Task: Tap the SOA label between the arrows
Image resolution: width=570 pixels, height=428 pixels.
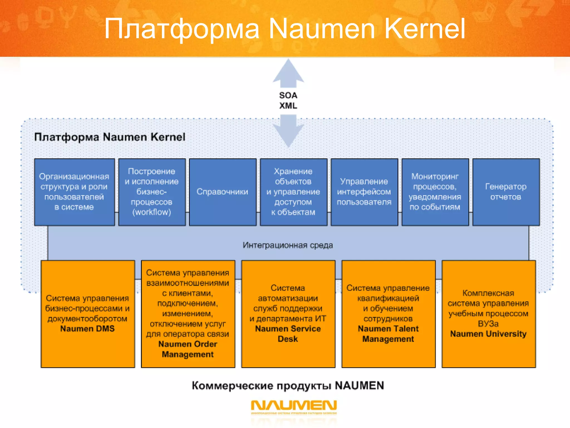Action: (x=288, y=95)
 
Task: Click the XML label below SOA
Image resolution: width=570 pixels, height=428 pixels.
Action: (x=288, y=106)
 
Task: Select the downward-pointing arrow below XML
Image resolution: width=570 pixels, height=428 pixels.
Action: (x=288, y=131)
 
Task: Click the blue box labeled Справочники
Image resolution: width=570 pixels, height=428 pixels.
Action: (x=222, y=192)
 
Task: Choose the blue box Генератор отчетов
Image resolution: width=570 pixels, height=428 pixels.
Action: (x=506, y=192)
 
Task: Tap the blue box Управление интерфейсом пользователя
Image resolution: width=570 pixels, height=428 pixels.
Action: (x=364, y=192)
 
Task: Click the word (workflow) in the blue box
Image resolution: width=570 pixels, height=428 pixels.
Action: (x=152, y=212)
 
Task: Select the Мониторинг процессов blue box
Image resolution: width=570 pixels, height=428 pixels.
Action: (x=435, y=192)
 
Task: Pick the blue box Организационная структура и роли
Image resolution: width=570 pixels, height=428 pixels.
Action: (x=74, y=192)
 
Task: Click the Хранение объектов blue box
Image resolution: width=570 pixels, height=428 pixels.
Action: (x=293, y=192)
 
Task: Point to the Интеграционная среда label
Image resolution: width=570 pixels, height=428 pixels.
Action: (x=288, y=245)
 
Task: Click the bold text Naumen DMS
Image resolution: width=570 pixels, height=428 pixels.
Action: (x=87, y=329)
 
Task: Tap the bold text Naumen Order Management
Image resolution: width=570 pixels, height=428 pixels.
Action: (x=188, y=349)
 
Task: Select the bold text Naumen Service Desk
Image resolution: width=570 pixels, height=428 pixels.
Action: (x=288, y=334)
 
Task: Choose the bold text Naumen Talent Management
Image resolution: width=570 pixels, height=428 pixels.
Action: (x=388, y=334)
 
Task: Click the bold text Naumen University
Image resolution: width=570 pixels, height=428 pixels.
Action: (x=488, y=334)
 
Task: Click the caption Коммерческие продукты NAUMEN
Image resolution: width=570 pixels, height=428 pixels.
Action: (x=288, y=386)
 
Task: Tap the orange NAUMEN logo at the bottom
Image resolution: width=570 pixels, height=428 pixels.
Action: (x=294, y=406)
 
